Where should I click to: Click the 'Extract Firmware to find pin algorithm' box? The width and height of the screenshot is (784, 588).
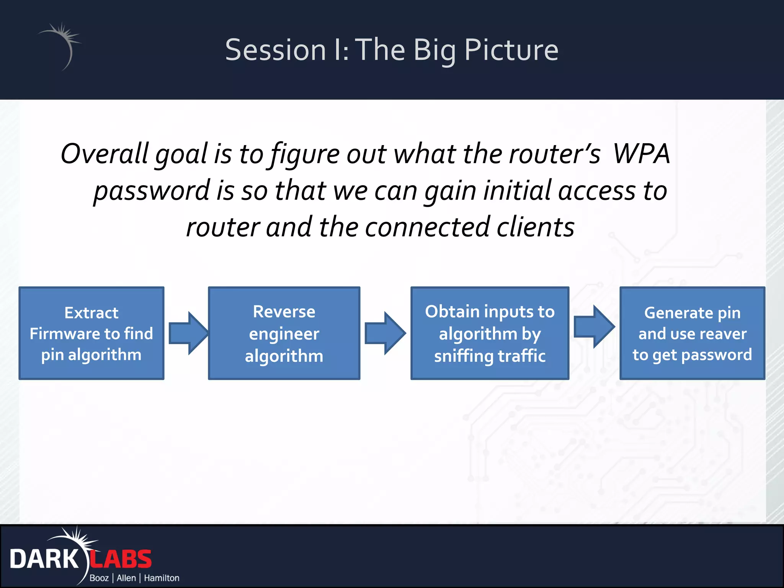click(x=91, y=333)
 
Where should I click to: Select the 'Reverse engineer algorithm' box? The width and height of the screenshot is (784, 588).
click(x=284, y=333)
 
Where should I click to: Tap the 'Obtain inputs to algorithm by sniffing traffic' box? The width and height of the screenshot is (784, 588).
click(x=490, y=333)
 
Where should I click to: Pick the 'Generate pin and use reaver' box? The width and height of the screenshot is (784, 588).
click(x=692, y=333)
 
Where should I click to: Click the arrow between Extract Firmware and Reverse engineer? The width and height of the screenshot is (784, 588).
click(x=188, y=333)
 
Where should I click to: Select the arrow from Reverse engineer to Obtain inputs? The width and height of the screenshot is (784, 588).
click(x=384, y=333)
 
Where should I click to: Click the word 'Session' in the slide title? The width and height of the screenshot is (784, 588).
click(x=275, y=50)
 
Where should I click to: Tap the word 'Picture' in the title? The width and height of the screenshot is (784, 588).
click(x=511, y=50)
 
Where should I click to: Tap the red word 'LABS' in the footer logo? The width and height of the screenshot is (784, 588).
click(x=121, y=559)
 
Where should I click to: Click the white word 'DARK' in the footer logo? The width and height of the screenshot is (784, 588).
click(x=44, y=559)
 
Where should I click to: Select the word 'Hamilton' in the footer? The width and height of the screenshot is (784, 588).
click(x=162, y=578)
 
